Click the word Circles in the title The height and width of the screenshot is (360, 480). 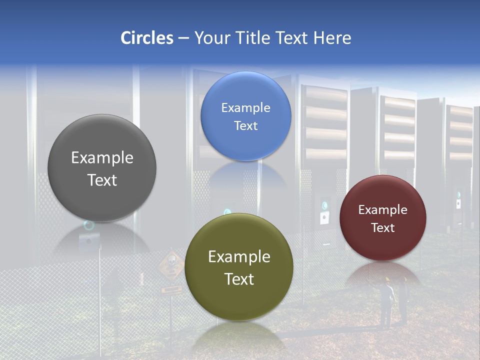146,38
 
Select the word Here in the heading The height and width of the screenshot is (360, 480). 332,38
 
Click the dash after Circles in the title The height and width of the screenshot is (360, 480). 183,38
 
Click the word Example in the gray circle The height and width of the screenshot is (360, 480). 102,158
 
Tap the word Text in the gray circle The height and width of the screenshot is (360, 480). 102,180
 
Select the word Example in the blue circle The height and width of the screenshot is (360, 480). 245,108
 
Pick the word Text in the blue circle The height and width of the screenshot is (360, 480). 245,125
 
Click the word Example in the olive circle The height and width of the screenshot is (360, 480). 239,257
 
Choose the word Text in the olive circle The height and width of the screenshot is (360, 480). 239,279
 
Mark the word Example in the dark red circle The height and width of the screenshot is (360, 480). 382,210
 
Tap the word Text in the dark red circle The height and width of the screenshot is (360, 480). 382,227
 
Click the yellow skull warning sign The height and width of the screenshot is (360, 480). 170,263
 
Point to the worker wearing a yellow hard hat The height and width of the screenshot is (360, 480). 386,300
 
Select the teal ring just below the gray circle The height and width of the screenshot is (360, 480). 89,225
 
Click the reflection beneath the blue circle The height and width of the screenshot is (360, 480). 245,175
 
